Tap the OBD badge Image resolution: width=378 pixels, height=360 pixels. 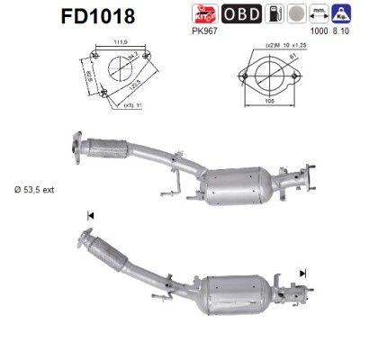click(267, 13)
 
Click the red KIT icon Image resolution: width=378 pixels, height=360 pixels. click(233, 13)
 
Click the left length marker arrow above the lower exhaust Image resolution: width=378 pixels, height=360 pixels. click(89, 215)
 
